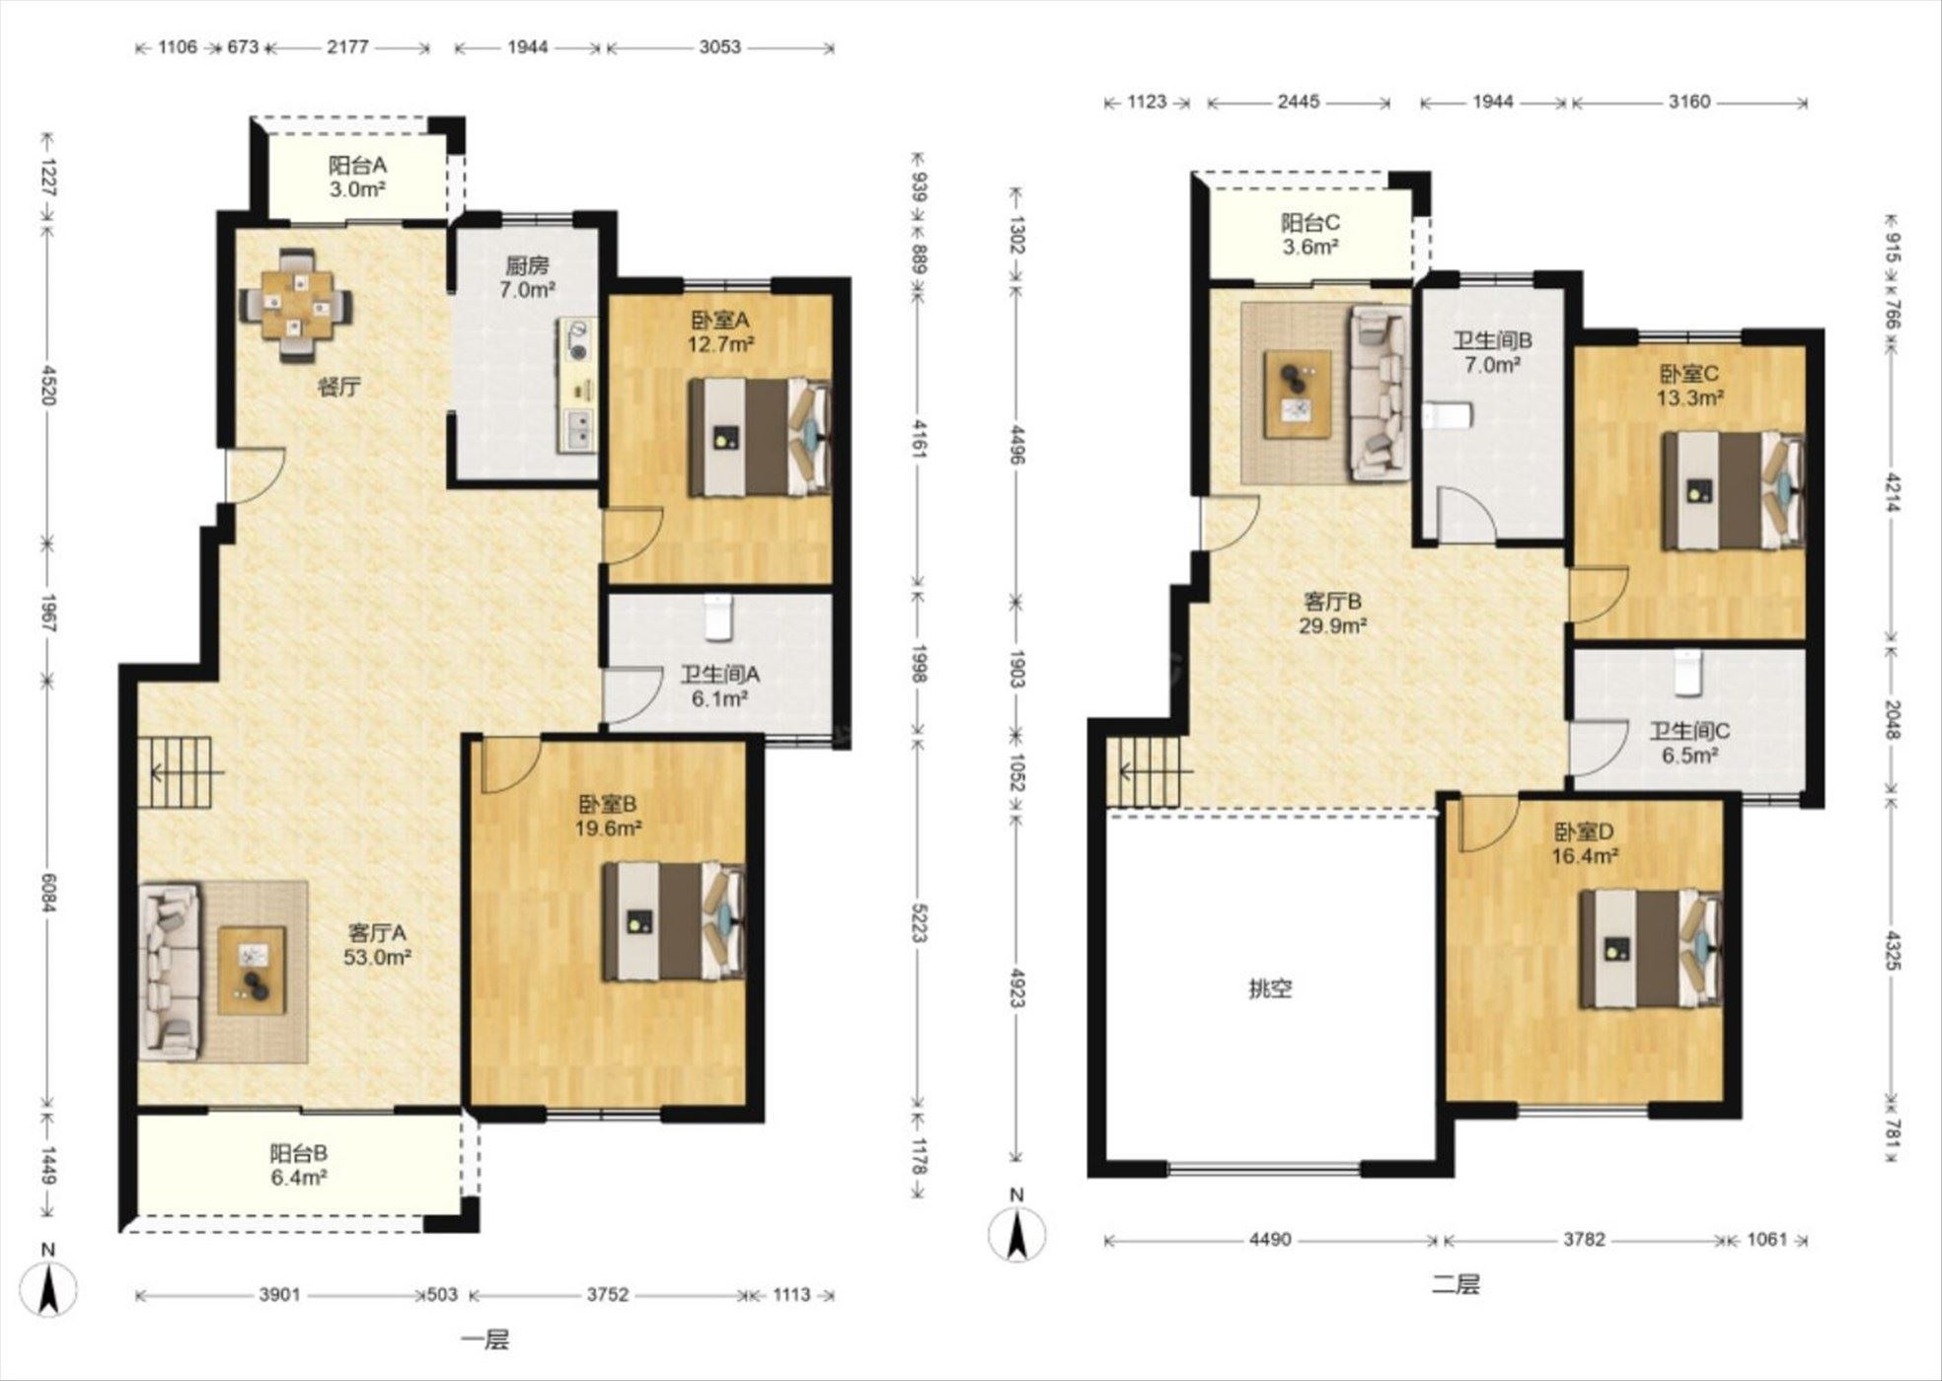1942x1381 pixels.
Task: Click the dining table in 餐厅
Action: point(297,305)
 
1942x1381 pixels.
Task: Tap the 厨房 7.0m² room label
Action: point(527,277)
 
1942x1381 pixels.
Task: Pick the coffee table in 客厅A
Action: point(253,970)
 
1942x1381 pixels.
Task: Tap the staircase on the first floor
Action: point(175,772)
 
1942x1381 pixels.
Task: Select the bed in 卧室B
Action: point(675,921)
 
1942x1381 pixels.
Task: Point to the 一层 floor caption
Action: point(485,1341)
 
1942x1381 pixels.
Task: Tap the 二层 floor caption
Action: point(1456,1285)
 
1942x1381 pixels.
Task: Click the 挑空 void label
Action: point(1270,988)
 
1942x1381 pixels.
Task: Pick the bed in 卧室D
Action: point(1651,949)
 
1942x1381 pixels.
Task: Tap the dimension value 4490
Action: point(1270,1240)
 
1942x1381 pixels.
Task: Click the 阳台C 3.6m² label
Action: point(1310,235)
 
